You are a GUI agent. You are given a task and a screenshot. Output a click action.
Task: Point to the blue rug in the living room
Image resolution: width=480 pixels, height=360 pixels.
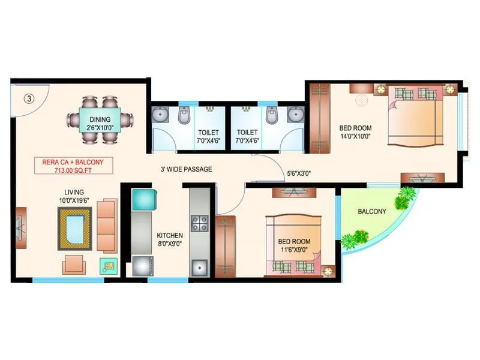[x=74, y=229]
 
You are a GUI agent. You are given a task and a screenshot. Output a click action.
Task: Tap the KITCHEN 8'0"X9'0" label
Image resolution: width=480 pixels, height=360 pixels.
[x=170, y=239]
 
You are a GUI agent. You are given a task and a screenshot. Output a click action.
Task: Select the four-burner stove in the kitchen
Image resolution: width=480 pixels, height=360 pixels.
[x=199, y=224]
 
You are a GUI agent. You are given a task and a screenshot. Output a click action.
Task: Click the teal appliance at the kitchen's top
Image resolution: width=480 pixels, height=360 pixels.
[x=144, y=199]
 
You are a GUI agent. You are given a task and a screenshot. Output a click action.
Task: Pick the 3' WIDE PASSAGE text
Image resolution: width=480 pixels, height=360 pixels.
[x=186, y=170]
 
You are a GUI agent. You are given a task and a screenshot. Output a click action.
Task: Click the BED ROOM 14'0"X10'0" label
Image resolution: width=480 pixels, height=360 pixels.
[x=355, y=132]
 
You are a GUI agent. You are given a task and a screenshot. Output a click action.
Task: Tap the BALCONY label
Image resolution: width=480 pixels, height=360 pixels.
[x=372, y=212]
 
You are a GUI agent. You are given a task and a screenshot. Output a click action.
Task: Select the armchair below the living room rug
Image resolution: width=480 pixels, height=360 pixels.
[x=74, y=264]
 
